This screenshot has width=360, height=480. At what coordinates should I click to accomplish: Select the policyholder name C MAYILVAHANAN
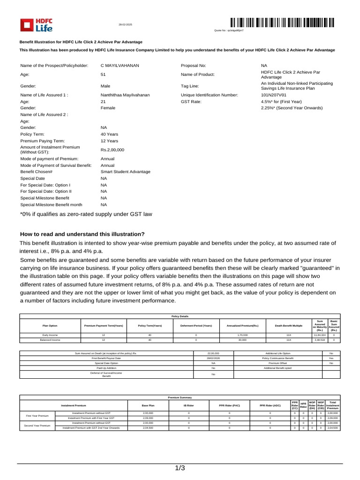click(120, 66)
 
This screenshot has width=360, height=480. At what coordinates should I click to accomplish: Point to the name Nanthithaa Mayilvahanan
click(125, 95)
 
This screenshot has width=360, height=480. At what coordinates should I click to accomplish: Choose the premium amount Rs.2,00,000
click(112, 150)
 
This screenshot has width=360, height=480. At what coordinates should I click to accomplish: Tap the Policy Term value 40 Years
click(109, 134)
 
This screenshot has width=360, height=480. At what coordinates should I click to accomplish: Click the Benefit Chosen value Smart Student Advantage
click(126, 172)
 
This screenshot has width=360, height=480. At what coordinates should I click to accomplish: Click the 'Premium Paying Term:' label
click(43, 141)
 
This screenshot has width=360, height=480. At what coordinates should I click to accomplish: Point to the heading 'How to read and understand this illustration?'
click(82, 234)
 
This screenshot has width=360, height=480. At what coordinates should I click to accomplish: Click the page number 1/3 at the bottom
click(180, 468)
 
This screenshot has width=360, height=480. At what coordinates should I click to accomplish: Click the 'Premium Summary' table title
click(180, 397)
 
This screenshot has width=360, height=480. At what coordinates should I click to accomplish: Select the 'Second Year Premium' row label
click(37, 426)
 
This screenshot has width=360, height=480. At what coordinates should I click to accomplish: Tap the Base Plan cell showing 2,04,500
click(148, 428)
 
